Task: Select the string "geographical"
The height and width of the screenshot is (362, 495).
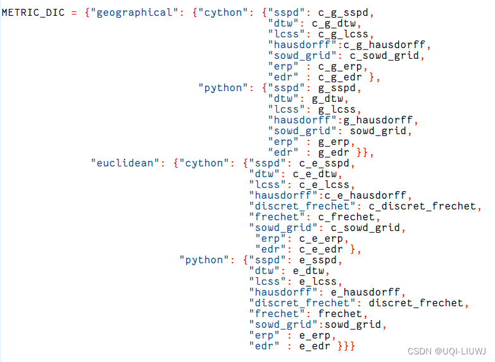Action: (134, 13)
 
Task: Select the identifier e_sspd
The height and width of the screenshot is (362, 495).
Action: (315, 260)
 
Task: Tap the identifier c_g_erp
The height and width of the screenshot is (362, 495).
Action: (341, 67)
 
